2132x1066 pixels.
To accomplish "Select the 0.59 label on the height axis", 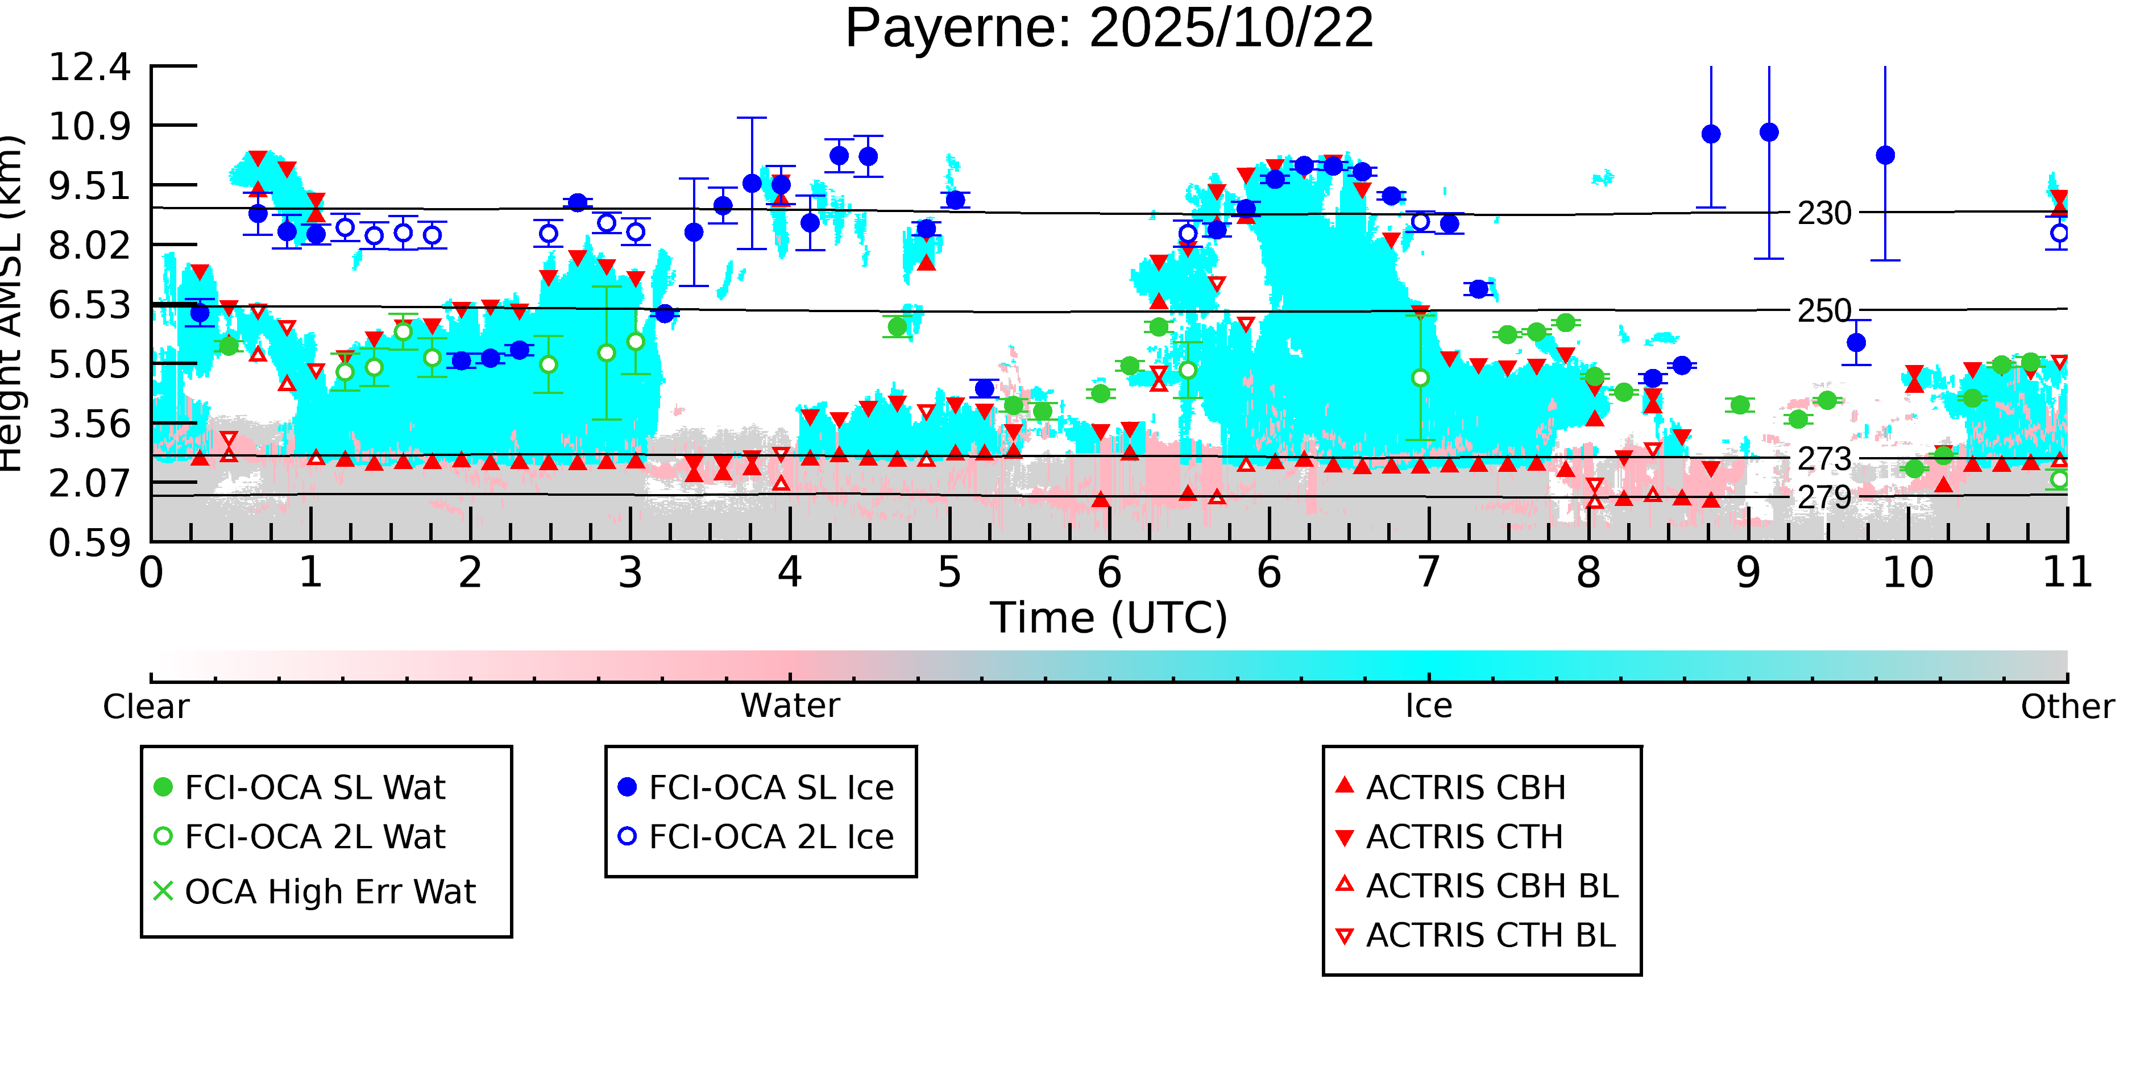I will pos(89,544).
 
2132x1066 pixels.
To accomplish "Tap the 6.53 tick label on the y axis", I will pos(89,305).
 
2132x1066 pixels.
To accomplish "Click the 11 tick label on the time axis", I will pos(2067,573).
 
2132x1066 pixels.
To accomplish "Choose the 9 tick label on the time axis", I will pos(1747,573).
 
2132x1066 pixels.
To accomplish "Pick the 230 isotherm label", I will pos(1824,214).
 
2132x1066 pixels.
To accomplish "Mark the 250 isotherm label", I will pos(1824,311).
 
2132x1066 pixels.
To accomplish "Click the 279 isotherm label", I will pos(1824,497).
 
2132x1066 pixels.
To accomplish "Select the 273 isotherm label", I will pos(1824,458).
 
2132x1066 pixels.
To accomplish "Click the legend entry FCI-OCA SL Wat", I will pos(314,787).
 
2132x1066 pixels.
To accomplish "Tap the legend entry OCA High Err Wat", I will pos(329,891).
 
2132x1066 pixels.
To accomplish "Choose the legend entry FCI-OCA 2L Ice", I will pos(770,837).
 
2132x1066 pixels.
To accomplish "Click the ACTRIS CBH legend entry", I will pos(1466,787).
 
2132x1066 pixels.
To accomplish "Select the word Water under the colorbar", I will pos(790,706).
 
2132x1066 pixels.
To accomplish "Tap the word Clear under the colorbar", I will pos(146,707).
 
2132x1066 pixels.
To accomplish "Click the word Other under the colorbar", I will pos(2067,707).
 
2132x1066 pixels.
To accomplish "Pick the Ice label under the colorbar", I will pos(1429,706).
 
